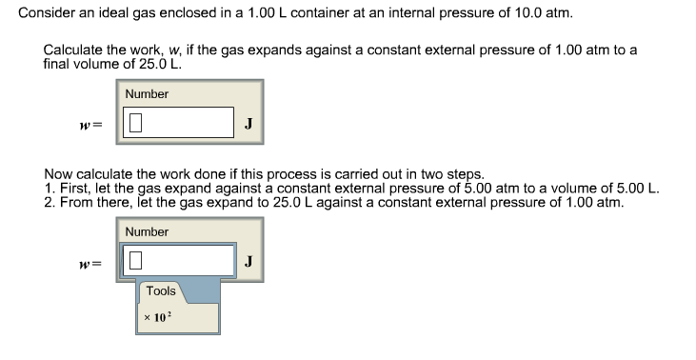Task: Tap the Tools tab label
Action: pyautogui.click(x=161, y=290)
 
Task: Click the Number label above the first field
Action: pyautogui.click(x=147, y=93)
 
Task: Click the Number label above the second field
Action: pyautogui.click(x=147, y=231)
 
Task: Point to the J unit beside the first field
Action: pyautogui.click(x=248, y=122)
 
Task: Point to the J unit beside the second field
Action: pyautogui.click(x=248, y=259)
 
